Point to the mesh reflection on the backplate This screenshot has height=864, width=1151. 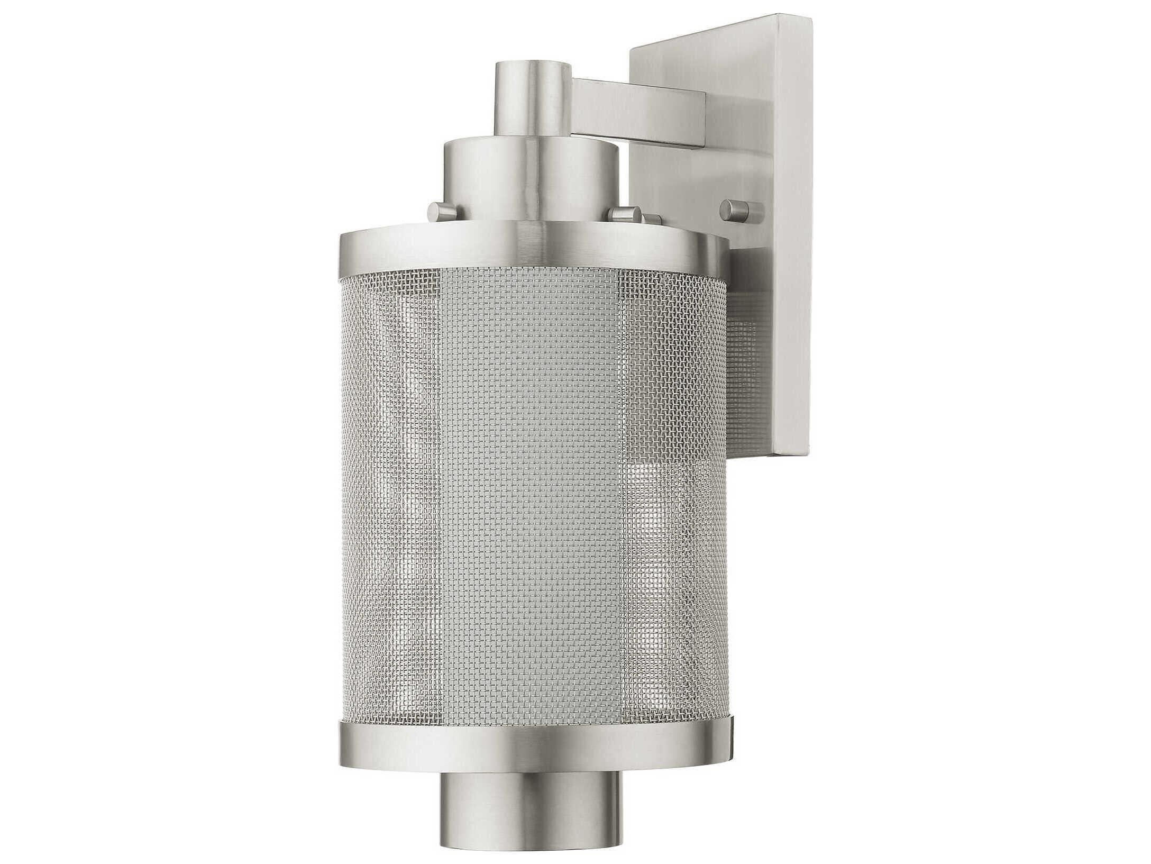coord(743,370)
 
